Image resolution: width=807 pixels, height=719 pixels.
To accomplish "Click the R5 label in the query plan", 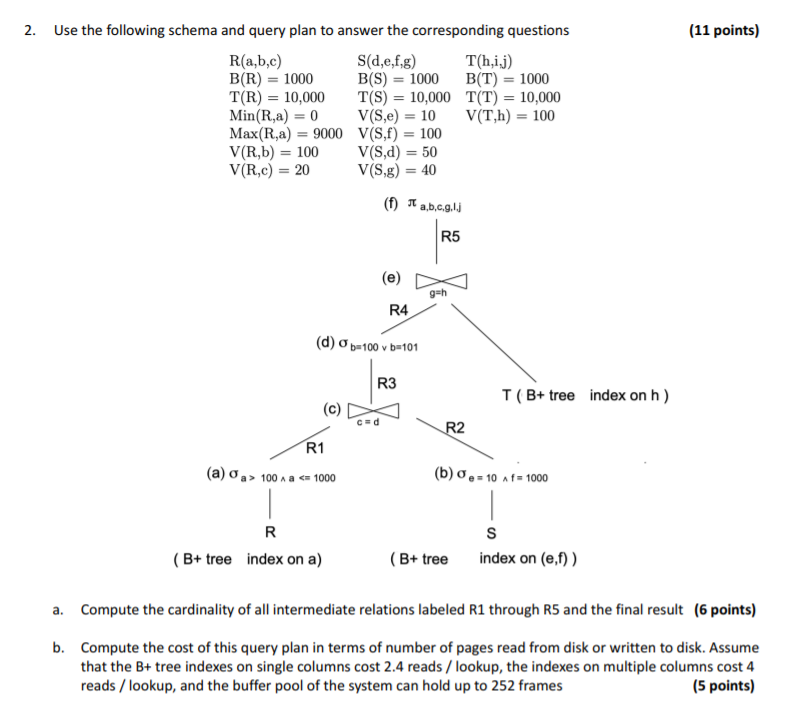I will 451,238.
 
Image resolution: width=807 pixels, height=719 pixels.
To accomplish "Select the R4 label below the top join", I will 399,311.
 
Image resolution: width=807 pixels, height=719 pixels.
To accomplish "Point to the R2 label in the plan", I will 455,428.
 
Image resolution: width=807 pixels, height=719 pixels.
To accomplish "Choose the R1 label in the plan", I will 315,446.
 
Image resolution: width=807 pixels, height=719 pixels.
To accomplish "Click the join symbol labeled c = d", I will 372,411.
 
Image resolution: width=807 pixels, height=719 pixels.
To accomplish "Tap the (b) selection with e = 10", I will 491,476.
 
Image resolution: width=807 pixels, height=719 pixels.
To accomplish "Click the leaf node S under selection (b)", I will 491,530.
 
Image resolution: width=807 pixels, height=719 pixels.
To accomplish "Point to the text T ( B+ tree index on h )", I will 585,395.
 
